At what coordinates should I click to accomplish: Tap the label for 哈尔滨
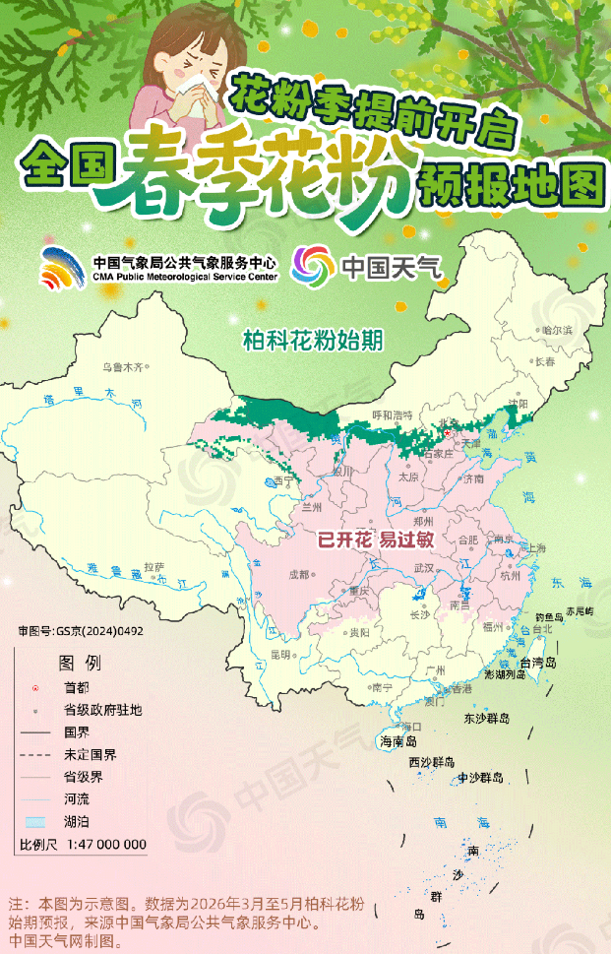pyautogui.click(x=556, y=330)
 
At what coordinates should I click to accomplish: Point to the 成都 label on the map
pyautogui.click(x=296, y=573)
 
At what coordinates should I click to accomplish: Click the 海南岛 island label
pyautogui.click(x=399, y=741)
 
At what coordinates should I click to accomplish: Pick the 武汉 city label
pyautogui.click(x=424, y=568)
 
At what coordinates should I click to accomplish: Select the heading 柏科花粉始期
pyautogui.click(x=312, y=341)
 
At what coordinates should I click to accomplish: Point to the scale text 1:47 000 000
pyautogui.click(x=106, y=844)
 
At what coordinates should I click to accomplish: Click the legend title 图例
pyautogui.click(x=80, y=660)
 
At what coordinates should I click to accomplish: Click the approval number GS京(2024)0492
pyautogui.click(x=81, y=630)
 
